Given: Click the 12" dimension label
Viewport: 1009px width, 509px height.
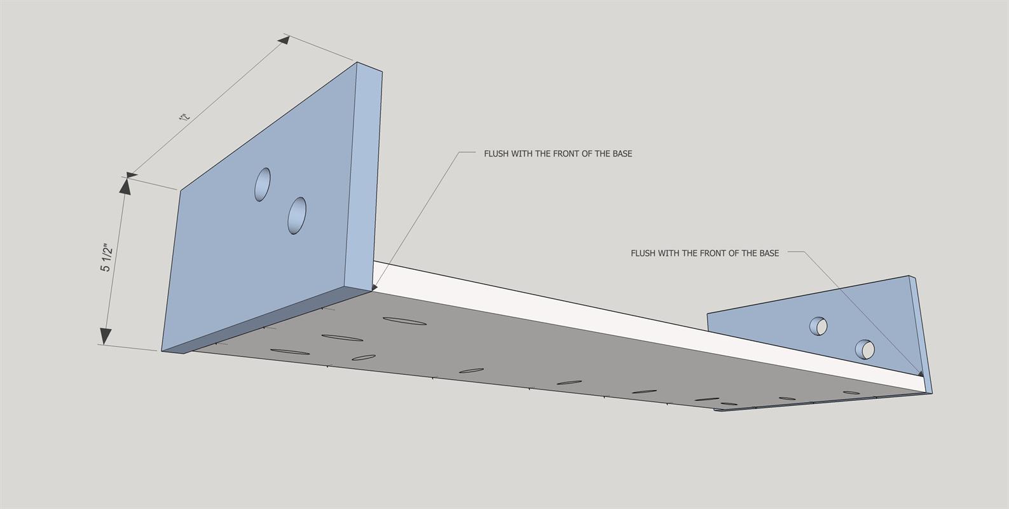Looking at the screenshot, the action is [x=184, y=117].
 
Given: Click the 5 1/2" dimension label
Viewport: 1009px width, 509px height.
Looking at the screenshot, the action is [x=106, y=258].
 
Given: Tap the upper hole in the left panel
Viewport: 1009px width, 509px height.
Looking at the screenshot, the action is [x=263, y=185].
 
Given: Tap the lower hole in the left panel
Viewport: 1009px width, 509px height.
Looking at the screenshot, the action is [x=297, y=216].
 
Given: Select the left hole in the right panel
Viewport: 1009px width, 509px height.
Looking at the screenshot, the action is [x=818, y=326].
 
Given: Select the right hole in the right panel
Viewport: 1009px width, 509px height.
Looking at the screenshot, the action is [x=865, y=349].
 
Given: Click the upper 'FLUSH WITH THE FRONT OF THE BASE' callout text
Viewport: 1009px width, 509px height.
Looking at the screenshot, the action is [x=558, y=154].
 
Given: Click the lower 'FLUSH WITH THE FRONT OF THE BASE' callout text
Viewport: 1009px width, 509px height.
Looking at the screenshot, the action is [x=704, y=253].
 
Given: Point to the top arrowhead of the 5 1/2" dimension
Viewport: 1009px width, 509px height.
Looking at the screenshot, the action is [x=125, y=186].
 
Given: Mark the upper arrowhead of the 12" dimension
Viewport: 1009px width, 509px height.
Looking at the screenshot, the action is [x=284, y=40].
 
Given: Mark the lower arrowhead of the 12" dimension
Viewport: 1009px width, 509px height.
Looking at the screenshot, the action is [x=132, y=175].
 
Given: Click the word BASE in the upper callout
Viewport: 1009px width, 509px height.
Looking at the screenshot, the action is [x=622, y=154].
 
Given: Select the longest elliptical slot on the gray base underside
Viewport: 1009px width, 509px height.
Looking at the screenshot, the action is [x=404, y=321].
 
